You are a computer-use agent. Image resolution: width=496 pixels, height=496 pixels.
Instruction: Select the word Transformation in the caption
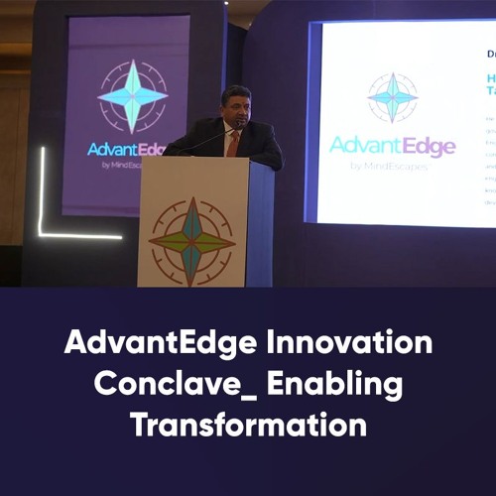click(x=248, y=425)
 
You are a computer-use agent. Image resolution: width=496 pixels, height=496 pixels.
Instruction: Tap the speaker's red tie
click(x=233, y=143)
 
